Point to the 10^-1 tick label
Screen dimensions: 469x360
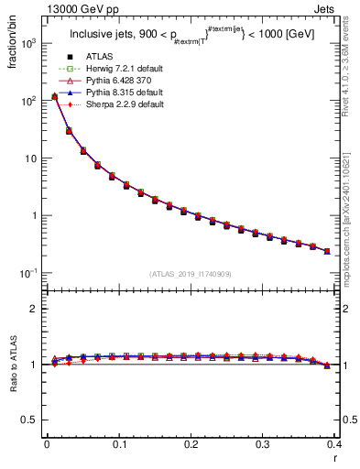[x=27, y=273]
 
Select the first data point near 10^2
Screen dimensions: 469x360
[x=54, y=96]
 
